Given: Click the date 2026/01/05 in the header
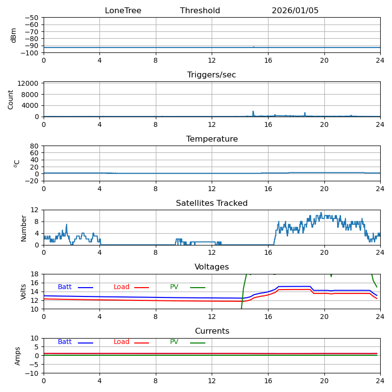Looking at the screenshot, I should (295, 11).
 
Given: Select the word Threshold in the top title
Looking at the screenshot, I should (200, 11).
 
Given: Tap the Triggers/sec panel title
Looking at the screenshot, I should (212, 75).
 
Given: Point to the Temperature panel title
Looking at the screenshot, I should (212, 139).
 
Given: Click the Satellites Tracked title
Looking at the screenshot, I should (212, 203).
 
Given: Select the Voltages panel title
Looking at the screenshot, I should (212, 267).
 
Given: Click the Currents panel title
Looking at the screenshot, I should (212, 331).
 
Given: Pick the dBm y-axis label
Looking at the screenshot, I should (14, 35).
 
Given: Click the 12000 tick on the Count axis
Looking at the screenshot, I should (28, 83).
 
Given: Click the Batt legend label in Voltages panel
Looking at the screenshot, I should (65, 287).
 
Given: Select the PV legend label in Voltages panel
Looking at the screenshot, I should (174, 287).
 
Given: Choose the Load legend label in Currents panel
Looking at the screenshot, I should (122, 342).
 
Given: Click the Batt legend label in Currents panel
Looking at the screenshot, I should (65, 342).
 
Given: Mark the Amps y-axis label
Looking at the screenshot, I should (18, 356).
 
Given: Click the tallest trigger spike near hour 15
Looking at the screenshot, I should (253, 112).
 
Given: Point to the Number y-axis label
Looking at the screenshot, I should (24, 227).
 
